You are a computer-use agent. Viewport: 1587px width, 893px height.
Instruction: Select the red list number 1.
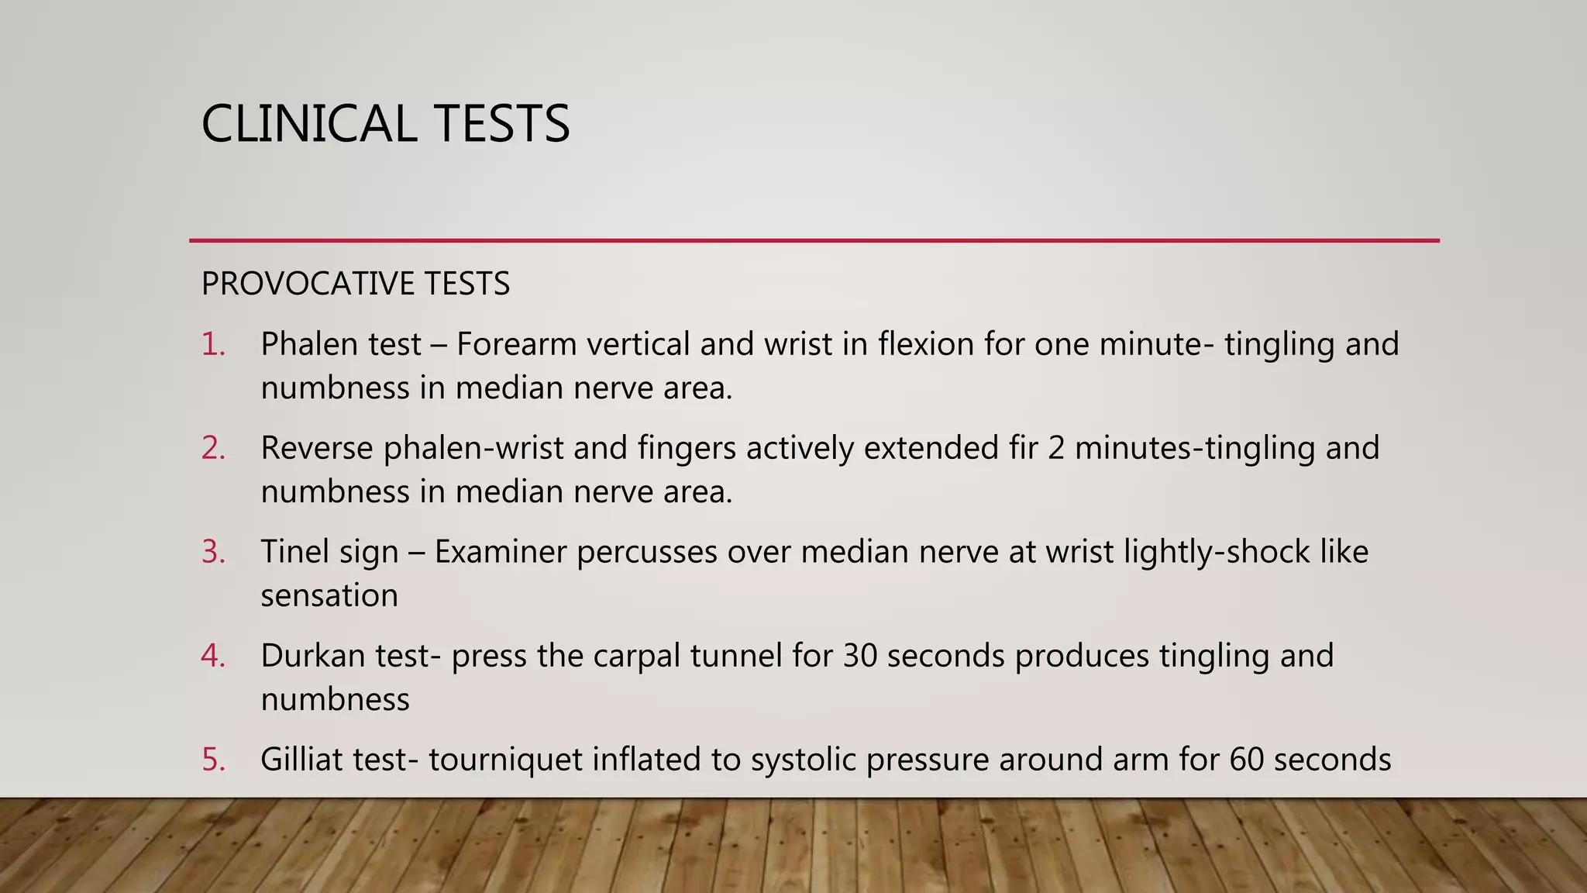(x=213, y=344)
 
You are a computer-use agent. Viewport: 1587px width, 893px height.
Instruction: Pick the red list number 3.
(x=213, y=552)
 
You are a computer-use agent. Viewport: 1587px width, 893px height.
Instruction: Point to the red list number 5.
(x=213, y=760)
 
